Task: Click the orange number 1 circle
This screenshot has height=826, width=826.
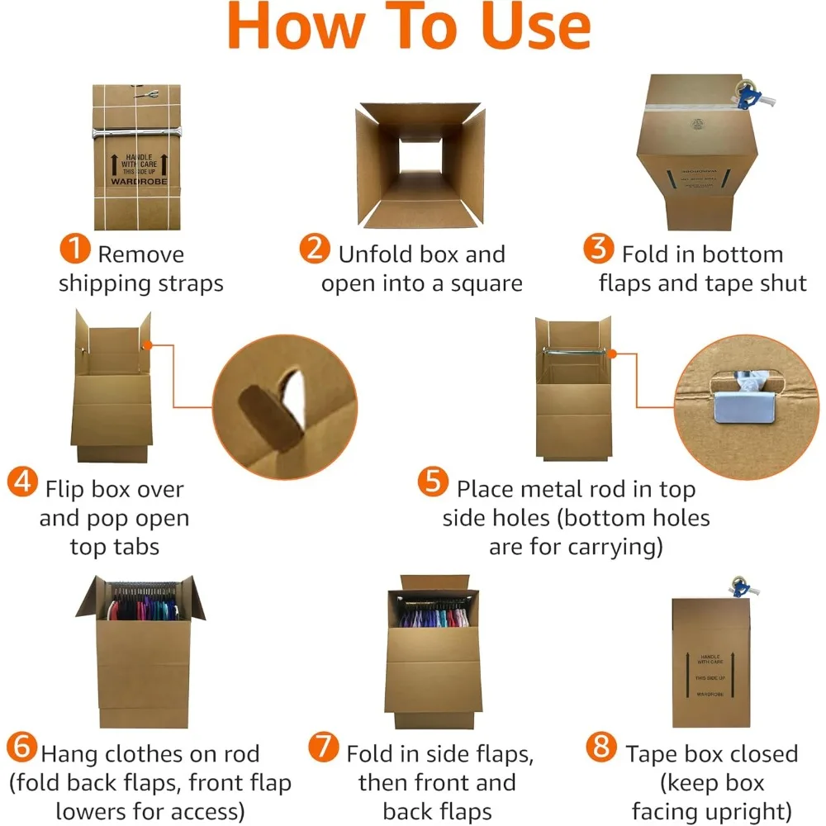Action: pos(76,249)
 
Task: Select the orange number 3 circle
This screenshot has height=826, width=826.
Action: pos(597,249)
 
